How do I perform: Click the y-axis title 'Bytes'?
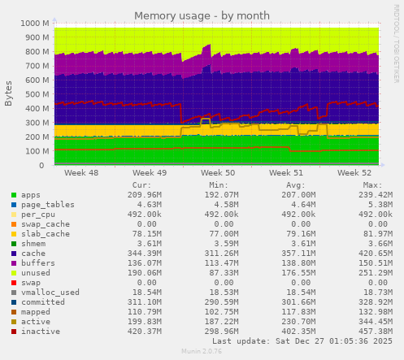coord(9,93)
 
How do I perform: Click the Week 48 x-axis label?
coord(81,173)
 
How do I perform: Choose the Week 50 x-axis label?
coord(218,173)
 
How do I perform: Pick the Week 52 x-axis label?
coord(354,173)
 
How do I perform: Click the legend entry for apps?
coord(32,196)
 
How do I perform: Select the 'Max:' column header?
coord(370,185)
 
